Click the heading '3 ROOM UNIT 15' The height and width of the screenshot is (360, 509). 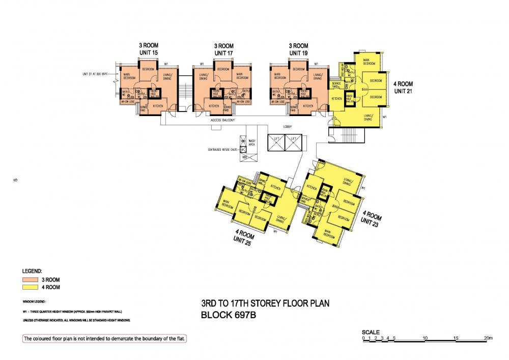tap(149, 49)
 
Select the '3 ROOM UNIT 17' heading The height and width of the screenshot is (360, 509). tap(223, 49)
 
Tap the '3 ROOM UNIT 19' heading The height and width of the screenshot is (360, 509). tap(298, 49)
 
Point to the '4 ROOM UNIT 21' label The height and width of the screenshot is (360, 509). tap(403, 87)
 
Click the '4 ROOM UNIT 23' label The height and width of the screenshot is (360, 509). tap(371, 217)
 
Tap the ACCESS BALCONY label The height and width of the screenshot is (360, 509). tap(223, 121)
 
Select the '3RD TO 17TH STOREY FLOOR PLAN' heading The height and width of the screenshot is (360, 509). tap(265, 304)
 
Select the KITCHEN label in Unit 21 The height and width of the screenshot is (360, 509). tap(336, 98)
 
